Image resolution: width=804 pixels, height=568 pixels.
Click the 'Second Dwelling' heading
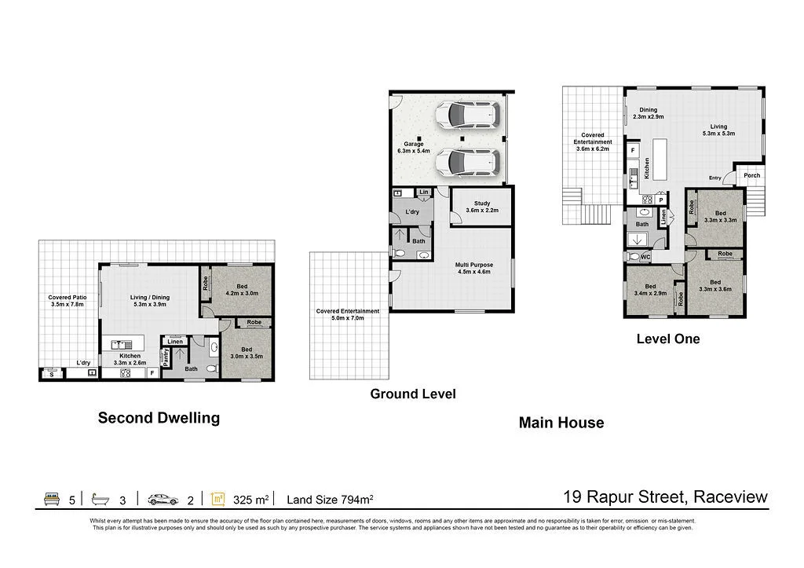(x=159, y=418)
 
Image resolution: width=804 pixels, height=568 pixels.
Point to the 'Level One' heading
(x=667, y=339)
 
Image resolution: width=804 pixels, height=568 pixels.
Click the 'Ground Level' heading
(x=413, y=394)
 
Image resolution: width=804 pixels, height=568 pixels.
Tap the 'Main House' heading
(x=561, y=423)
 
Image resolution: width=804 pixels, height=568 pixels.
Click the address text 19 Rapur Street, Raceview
(x=666, y=497)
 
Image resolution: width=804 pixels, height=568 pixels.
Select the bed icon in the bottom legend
(x=52, y=499)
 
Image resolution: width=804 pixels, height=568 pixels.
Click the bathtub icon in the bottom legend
(x=100, y=499)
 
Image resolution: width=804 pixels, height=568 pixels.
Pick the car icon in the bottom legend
(x=163, y=499)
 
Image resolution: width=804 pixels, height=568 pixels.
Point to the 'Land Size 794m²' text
(x=330, y=499)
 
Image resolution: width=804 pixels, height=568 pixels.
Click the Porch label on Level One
(x=751, y=175)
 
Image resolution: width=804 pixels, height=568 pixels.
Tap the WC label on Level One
(x=645, y=257)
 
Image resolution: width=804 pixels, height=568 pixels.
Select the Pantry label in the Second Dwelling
(x=166, y=358)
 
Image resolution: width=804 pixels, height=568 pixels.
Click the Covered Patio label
(x=67, y=300)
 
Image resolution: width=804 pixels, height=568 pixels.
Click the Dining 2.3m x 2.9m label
(x=648, y=113)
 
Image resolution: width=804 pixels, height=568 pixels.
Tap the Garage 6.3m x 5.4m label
(x=414, y=147)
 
